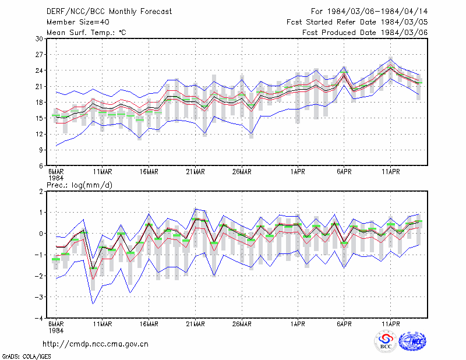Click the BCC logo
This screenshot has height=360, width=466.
tap(386, 341)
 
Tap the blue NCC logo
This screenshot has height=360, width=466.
tap(412, 341)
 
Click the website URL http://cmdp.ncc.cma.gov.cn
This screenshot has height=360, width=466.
tap(96, 344)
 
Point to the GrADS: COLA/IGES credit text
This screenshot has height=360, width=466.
tap(26, 357)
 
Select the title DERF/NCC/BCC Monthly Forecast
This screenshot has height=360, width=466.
tap(109, 12)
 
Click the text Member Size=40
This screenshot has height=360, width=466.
tap(78, 22)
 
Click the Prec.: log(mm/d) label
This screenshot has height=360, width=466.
tap(79, 185)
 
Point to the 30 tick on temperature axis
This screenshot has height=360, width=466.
tap(39, 38)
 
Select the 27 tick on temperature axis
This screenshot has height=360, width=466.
tap(39, 55)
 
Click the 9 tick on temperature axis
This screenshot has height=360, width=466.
tap(41, 150)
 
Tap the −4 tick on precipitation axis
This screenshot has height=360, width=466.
tap(38, 318)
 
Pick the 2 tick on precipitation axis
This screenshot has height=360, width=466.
tap(41, 191)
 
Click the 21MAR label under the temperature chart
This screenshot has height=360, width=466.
tap(195, 172)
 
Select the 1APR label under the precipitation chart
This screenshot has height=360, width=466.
tap(298, 324)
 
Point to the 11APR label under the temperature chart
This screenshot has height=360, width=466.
tap(390, 172)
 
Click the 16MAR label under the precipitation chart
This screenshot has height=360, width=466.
tap(149, 324)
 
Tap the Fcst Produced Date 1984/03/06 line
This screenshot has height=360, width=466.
tap(365, 33)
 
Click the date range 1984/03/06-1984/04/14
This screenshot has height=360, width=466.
tap(377, 12)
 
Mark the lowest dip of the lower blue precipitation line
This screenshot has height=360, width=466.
tap(93, 304)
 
